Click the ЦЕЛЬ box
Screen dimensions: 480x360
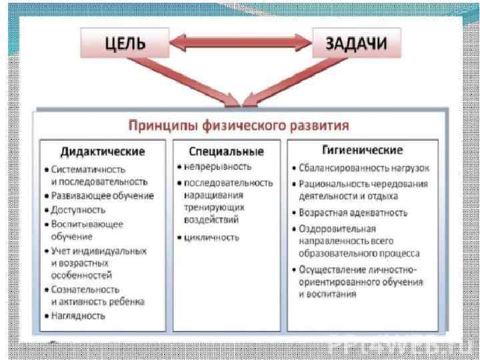(x=124, y=45)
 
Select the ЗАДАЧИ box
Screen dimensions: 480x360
(x=358, y=45)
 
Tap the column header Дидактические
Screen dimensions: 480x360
(x=103, y=151)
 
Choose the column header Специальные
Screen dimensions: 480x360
(x=227, y=151)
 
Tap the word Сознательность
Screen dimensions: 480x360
(x=85, y=290)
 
